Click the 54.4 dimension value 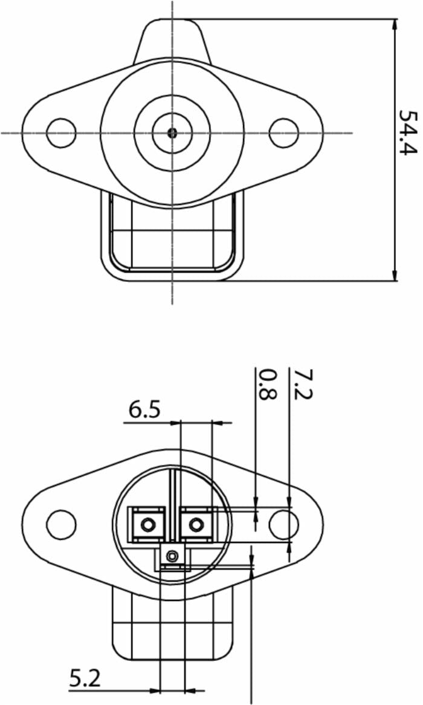(409, 132)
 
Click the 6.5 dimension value (144, 410)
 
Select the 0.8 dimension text (268, 385)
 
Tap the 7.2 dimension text (303, 385)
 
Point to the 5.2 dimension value (85, 678)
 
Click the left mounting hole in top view (60, 132)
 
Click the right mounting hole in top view (283, 132)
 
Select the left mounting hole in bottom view (60, 524)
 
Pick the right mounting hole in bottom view (283, 524)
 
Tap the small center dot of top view (172, 132)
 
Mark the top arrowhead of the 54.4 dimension (395, 25)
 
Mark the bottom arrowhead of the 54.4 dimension (395, 275)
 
